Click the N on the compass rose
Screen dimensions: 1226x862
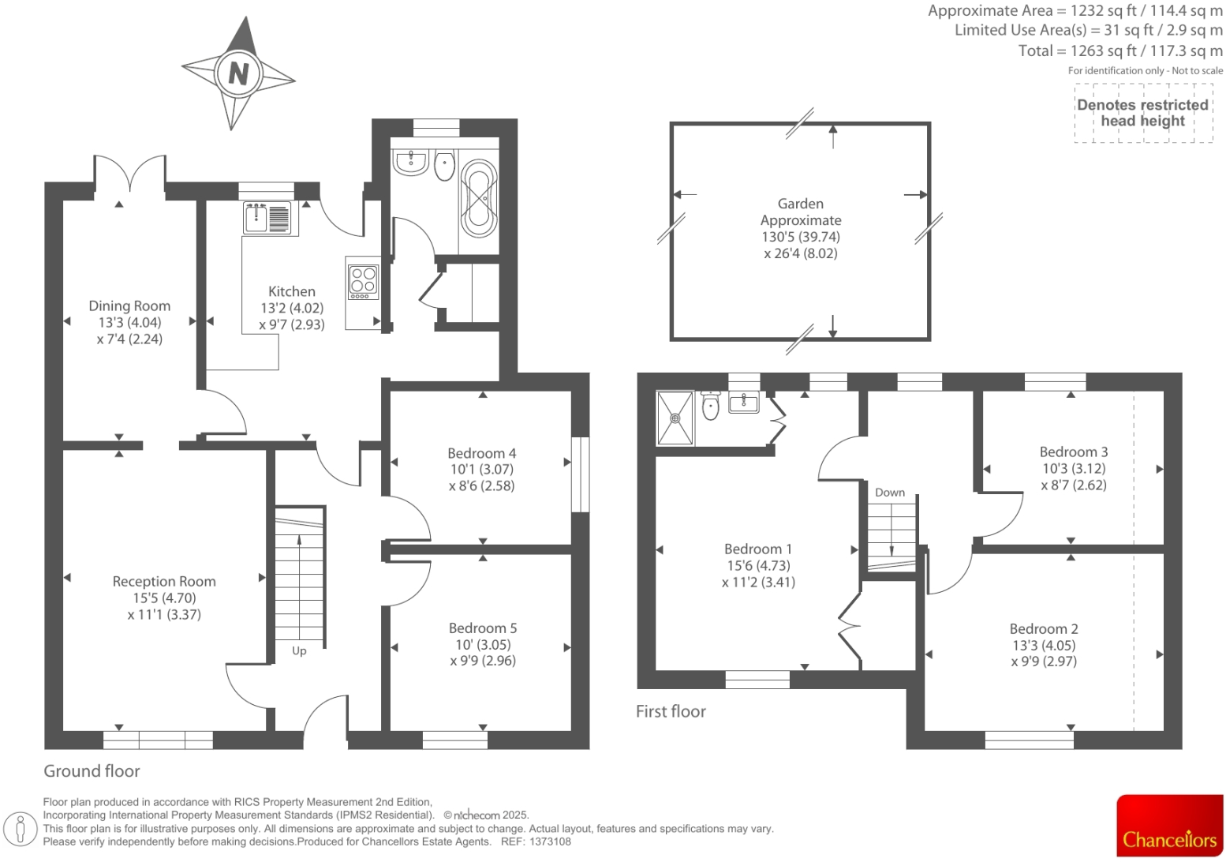pyautogui.click(x=238, y=73)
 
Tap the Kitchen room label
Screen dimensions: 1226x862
pyautogui.click(x=292, y=291)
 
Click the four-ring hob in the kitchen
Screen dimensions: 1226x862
pyautogui.click(x=364, y=282)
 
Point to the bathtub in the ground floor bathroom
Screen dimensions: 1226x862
pyautogui.click(x=479, y=198)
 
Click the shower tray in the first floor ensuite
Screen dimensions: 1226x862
pyautogui.click(x=675, y=418)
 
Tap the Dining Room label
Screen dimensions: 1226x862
pyautogui.click(x=129, y=305)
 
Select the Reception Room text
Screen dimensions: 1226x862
pyautogui.click(x=164, y=581)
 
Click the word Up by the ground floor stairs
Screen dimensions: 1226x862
pyautogui.click(x=299, y=651)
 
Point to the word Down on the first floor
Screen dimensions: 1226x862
pyautogui.click(x=890, y=493)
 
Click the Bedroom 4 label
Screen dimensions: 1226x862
pyautogui.click(x=481, y=453)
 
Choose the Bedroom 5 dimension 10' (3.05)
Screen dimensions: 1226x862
pyautogui.click(x=484, y=645)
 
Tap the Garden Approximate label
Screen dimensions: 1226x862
pyautogui.click(x=801, y=212)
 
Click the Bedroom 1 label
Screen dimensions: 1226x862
pyautogui.click(x=758, y=549)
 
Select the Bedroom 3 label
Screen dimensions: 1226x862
pyautogui.click(x=1074, y=452)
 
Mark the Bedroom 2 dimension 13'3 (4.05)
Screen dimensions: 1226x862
pyautogui.click(x=1045, y=645)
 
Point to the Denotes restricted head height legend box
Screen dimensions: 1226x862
pyautogui.click(x=1143, y=113)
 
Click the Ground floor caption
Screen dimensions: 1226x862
pyautogui.click(x=92, y=771)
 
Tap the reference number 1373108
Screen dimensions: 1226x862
pyautogui.click(x=550, y=841)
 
